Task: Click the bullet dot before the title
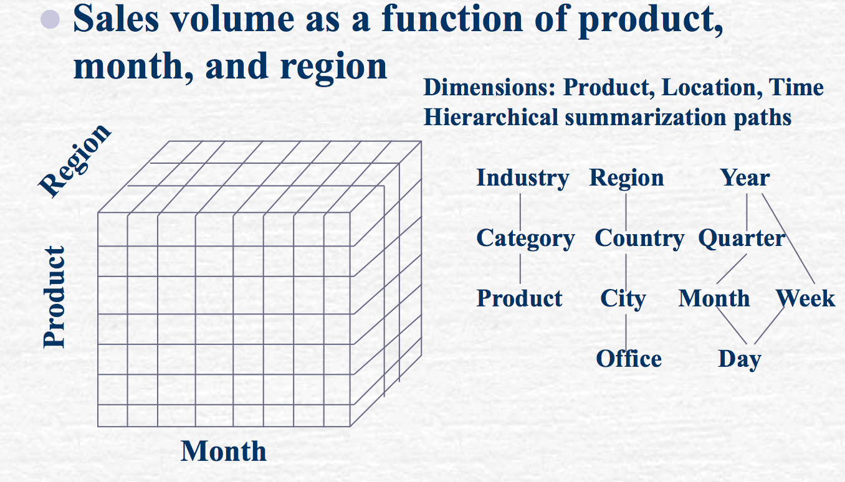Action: [50, 19]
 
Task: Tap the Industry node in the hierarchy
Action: [523, 178]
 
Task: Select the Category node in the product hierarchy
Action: [525, 239]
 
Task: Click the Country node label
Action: [639, 239]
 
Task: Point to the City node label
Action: [623, 299]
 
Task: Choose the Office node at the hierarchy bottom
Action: [629, 359]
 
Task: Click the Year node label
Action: [745, 177]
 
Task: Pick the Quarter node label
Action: [742, 239]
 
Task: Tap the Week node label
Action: [806, 298]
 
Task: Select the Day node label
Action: [740, 359]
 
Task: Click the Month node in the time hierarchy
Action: [714, 298]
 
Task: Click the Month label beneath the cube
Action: [224, 451]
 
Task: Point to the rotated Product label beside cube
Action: [54, 297]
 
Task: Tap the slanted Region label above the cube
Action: [75, 161]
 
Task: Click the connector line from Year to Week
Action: [788, 239]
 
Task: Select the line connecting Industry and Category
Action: [520, 212]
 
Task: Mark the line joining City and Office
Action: [626, 333]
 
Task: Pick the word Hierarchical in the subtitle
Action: [491, 117]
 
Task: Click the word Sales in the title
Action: [116, 19]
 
